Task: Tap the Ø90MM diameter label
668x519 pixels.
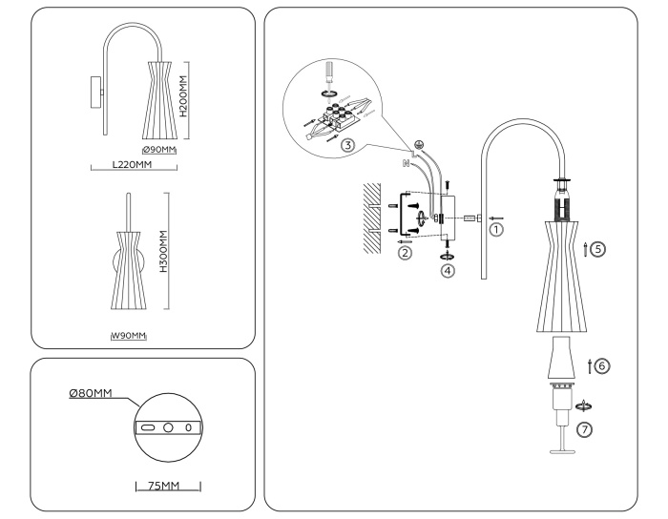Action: point(159,150)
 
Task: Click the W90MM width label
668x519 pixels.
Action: point(132,335)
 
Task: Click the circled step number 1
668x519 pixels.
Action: point(493,229)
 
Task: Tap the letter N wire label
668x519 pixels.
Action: point(406,163)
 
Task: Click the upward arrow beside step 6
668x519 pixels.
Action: point(591,363)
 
